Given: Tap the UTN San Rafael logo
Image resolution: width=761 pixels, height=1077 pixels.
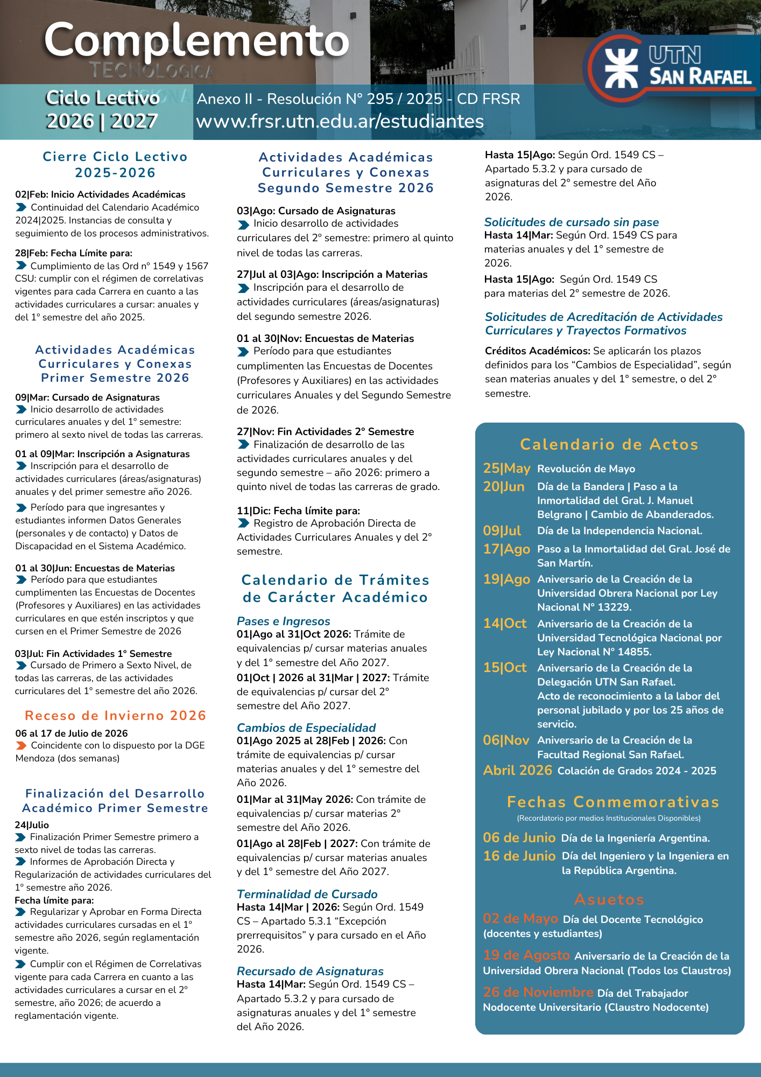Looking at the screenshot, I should [673, 67].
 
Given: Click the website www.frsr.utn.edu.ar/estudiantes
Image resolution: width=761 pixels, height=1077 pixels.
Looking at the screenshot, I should [340, 121].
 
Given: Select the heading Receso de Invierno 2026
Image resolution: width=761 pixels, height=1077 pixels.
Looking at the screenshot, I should [115, 716].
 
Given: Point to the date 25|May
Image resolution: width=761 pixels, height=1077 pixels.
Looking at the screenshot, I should [506, 468].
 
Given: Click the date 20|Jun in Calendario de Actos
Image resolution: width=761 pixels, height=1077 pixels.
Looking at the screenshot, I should [504, 487].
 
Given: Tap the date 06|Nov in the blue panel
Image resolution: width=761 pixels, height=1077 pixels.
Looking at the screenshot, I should [506, 740].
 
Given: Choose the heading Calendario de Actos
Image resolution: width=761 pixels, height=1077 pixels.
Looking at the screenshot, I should [609, 444].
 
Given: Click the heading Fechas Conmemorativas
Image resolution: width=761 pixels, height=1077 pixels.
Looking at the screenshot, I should [613, 802].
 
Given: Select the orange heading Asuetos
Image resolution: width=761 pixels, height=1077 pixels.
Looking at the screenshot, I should [609, 899].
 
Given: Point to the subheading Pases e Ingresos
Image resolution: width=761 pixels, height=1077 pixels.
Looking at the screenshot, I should [283, 621].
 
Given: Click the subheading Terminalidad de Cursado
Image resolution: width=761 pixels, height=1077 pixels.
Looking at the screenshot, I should [307, 894].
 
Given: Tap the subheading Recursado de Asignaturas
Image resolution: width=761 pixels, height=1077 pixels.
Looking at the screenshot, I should [310, 971].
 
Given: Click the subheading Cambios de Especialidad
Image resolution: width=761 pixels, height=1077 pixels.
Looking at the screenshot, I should [306, 728].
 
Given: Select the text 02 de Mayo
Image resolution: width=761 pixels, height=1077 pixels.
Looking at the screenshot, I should [520, 919].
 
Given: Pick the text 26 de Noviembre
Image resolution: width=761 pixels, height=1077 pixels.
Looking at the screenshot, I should [538, 992].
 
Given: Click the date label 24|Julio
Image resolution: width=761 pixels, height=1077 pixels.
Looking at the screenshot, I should [32, 825].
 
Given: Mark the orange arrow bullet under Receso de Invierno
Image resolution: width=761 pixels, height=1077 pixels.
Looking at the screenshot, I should [21, 746].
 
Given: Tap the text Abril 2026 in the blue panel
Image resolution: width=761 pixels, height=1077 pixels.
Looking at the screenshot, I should [518, 771].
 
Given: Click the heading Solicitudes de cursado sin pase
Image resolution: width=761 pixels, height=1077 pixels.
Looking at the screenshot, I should [571, 222].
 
